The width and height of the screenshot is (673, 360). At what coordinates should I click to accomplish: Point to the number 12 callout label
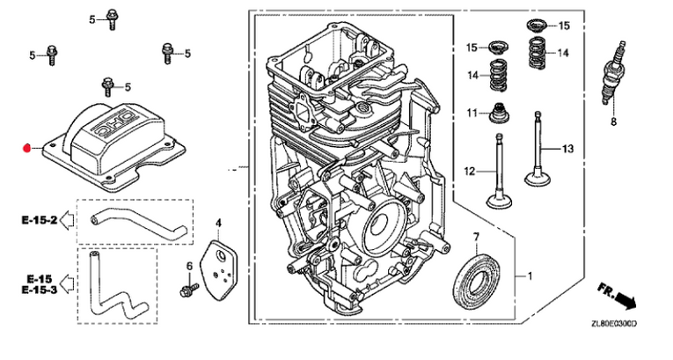[x=469, y=170]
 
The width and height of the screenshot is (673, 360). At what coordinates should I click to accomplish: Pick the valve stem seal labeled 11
[x=501, y=114]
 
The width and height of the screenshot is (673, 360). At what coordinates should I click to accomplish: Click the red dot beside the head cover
[x=27, y=147]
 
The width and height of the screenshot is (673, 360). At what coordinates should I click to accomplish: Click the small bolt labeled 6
[x=187, y=288]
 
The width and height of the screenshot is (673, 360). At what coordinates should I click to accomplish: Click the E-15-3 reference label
[x=40, y=290]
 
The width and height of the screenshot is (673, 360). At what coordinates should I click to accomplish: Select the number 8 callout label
[x=613, y=122]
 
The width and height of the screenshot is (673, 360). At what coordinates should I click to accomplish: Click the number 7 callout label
[x=476, y=237]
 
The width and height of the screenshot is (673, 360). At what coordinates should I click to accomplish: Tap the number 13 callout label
[x=567, y=149]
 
